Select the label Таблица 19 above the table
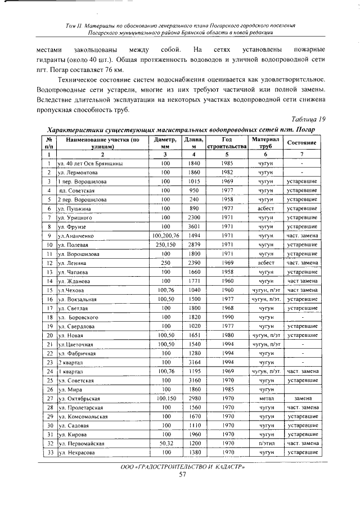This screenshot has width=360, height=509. pos(307,119)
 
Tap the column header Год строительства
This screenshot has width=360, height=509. pos(227,142)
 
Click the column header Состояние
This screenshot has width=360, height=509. pos(302,142)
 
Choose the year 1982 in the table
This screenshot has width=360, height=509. pos(227,172)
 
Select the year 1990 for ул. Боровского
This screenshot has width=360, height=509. pos(227,317)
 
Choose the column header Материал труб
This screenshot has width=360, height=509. pos(262,142)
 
